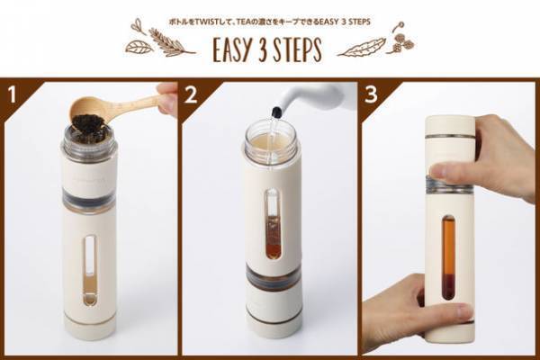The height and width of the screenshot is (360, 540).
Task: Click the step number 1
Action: (x=12, y=94)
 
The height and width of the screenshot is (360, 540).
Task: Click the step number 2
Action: (x=191, y=94)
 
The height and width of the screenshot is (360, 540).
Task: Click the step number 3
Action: (x=371, y=94)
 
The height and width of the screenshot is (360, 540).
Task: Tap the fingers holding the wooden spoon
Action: (x=167, y=99)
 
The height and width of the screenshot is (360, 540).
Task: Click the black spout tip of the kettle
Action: (x=276, y=112)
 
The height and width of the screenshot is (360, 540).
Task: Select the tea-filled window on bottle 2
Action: (x=274, y=224)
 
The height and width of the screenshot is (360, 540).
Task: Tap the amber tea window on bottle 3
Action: (x=448, y=258)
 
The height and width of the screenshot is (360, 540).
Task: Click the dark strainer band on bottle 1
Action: (x=88, y=200)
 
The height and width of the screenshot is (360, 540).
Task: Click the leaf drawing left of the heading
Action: (x=139, y=47)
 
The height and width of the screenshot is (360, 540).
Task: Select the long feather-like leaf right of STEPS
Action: (x=361, y=48)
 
